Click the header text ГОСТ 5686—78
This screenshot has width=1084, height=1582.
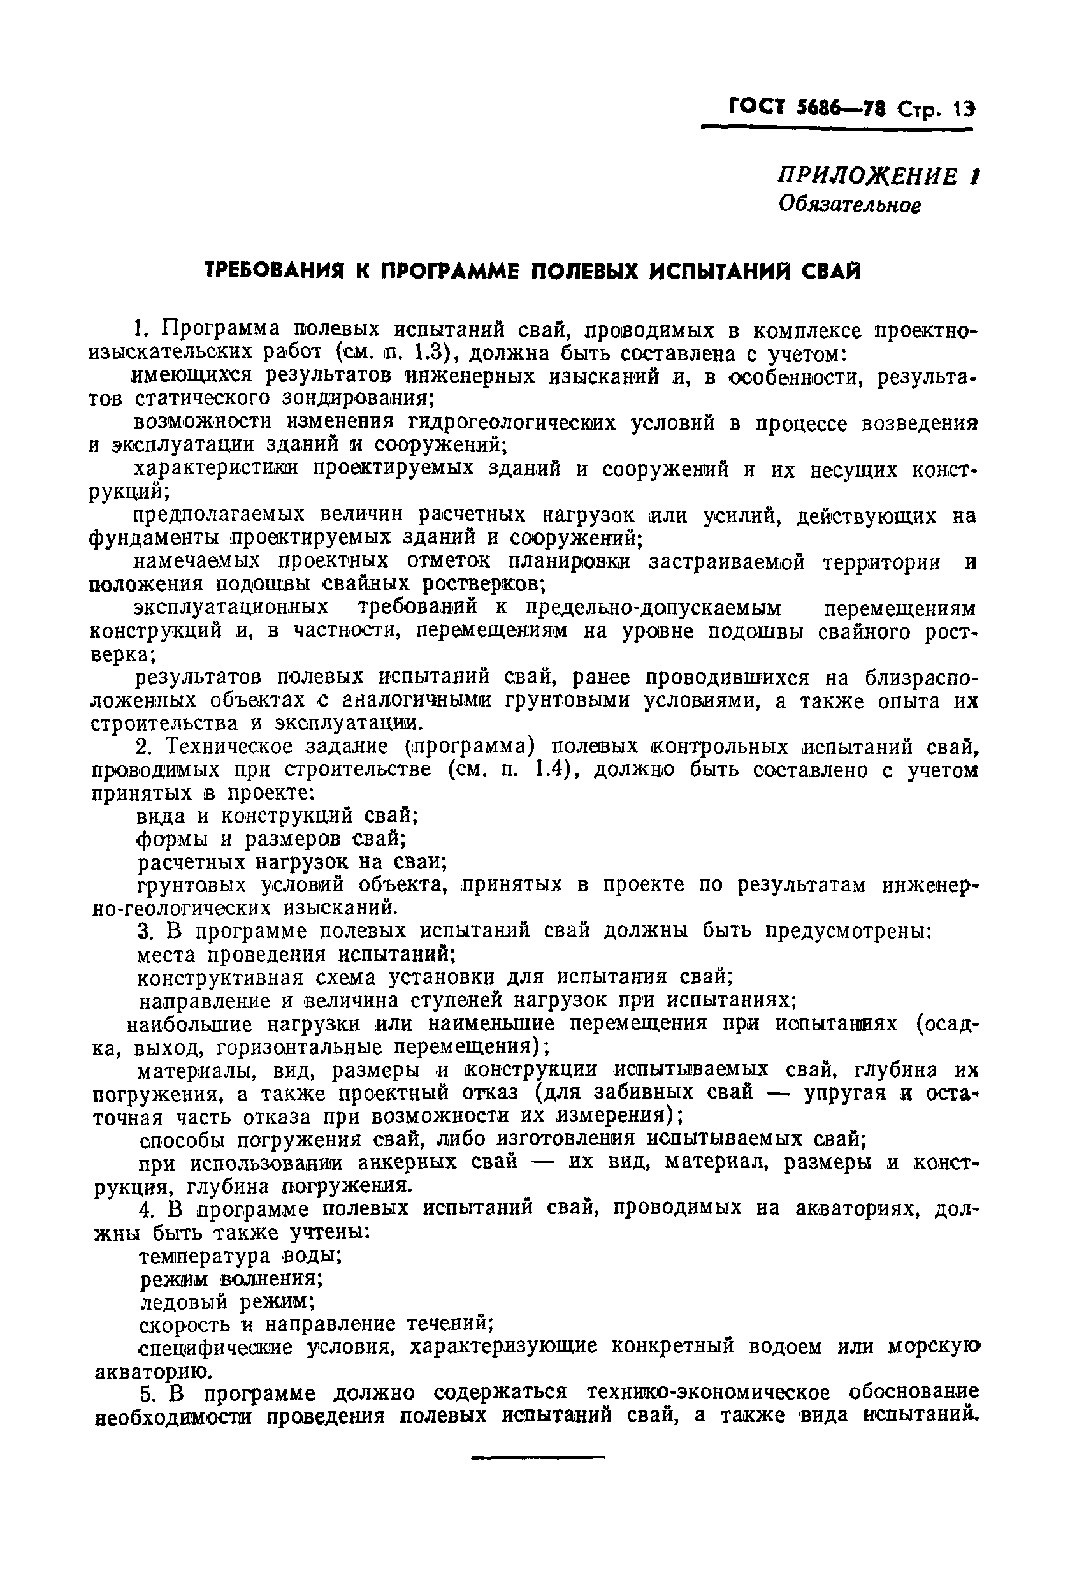click(x=803, y=108)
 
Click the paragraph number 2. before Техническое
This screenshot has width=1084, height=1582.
click(x=146, y=747)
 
